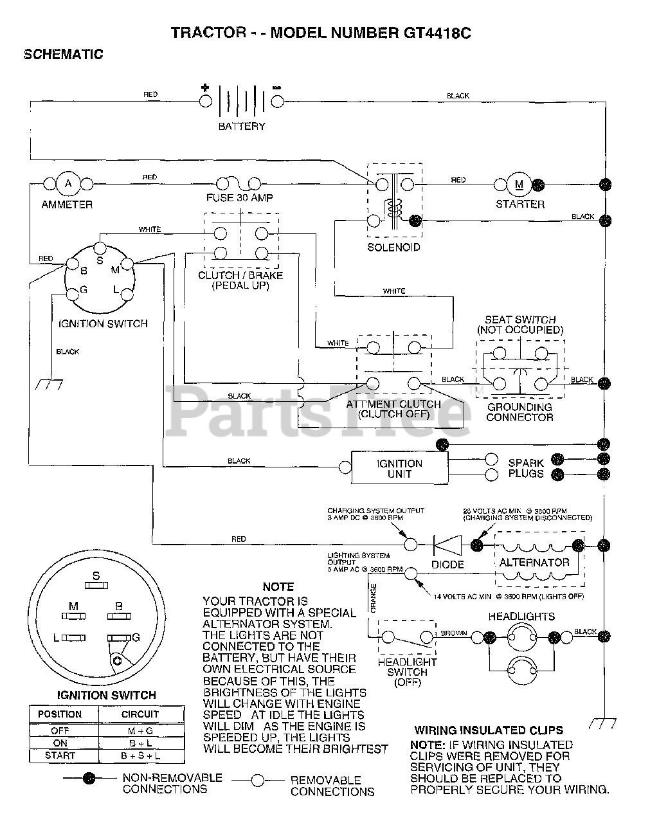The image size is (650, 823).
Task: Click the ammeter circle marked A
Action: [68, 184]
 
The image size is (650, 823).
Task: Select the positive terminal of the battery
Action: [205, 101]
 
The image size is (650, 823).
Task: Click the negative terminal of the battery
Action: [277, 101]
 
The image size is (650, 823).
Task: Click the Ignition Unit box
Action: [399, 468]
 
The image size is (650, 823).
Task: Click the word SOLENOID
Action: [393, 248]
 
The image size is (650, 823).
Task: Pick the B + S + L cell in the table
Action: [140, 756]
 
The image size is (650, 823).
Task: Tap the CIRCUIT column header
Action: [140, 714]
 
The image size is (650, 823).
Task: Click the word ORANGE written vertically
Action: [374, 596]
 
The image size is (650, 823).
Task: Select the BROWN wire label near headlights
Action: [454, 633]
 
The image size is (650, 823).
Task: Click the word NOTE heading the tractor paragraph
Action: [278, 586]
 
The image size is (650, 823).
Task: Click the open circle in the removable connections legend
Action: [258, 781]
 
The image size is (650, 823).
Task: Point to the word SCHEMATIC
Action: [63, 55]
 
